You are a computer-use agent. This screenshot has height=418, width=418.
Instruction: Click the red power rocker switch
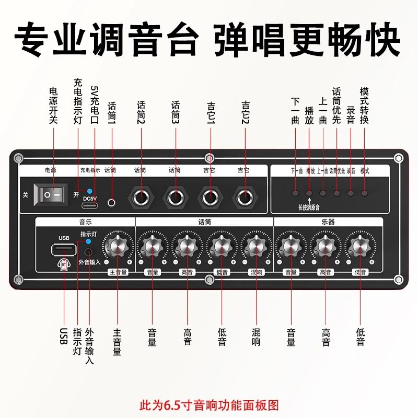click(x=52, y=195)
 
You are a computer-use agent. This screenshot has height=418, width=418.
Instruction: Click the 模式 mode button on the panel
click(x=364, y=193)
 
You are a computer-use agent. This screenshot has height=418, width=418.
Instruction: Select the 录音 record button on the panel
click(x=351, y=193)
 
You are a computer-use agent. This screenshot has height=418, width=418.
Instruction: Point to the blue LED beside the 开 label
click(x=89, y=191)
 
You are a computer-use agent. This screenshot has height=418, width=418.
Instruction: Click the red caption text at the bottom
click(x=209, y=404)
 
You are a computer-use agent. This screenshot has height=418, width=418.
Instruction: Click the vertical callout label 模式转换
click(x=365, y=105)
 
